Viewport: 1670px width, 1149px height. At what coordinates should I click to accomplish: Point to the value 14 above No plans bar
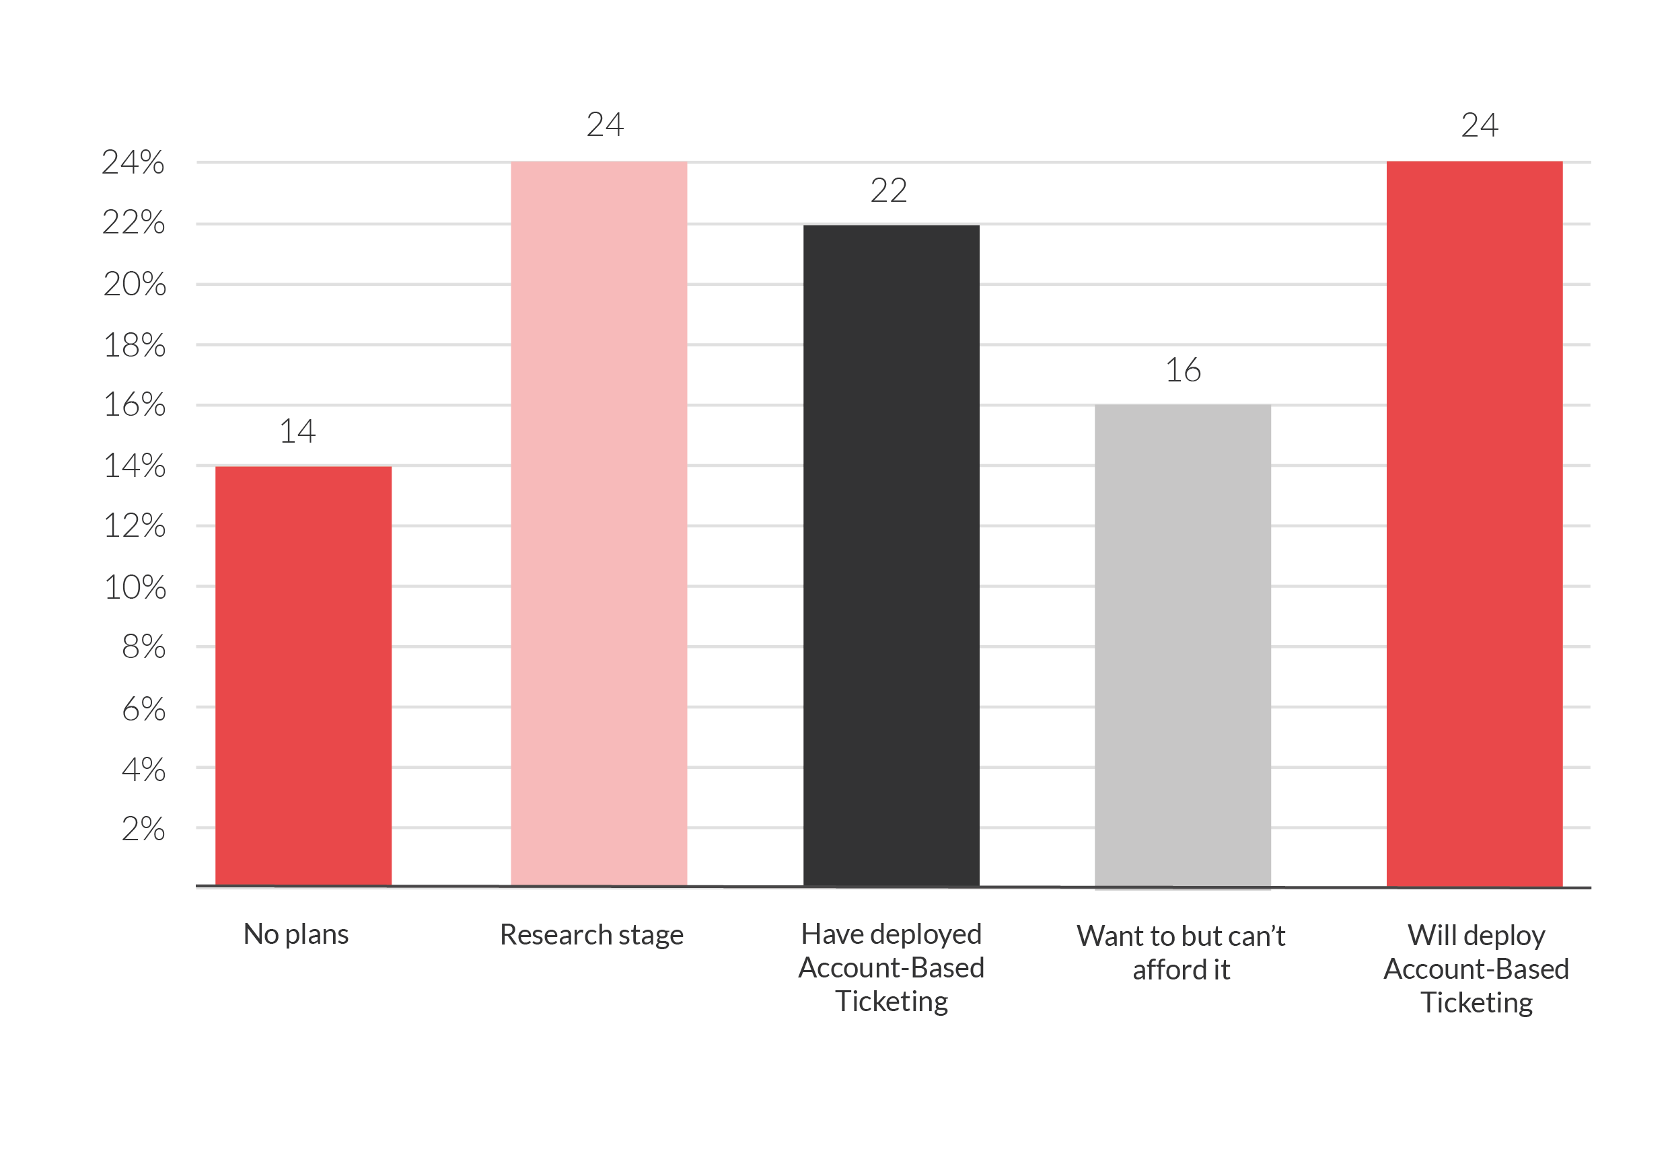pos(297,431)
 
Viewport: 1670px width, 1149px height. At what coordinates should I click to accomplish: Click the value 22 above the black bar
pos(888,191)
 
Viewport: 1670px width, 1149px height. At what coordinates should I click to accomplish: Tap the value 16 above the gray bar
pos(1182,370)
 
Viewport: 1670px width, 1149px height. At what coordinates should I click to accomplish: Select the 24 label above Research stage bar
pos(604,125)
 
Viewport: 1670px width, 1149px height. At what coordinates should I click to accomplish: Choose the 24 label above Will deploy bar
pos(1479,126)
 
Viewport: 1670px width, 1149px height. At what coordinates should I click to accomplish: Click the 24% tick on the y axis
pos(133,163)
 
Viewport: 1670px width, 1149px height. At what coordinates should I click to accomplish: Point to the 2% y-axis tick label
pos(143,829)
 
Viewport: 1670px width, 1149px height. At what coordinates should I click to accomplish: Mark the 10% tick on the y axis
pos(135,587)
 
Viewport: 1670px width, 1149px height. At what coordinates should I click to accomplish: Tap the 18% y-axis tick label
pos(135,346)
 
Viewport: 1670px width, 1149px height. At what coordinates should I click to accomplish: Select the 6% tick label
pos(143,710)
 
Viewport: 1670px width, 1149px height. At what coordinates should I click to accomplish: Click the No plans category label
pos(295,934)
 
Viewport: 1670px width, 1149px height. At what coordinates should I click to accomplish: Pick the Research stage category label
pos(591,935)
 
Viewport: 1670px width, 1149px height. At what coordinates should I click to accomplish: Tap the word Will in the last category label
pos(1427,935)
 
